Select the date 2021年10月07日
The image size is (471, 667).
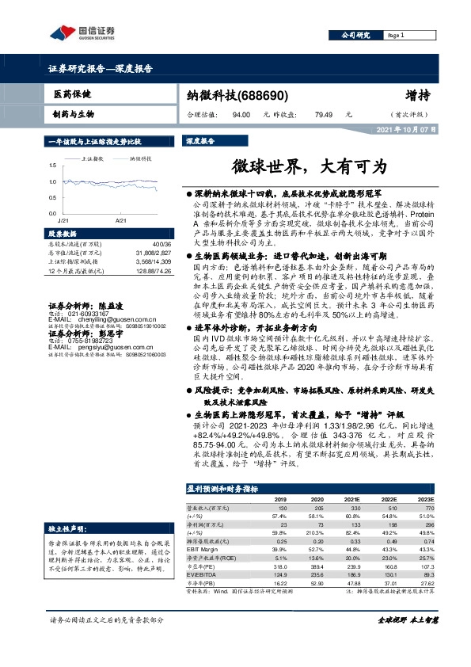(x=406, y=128)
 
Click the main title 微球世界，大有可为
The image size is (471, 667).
(x=310, y=168)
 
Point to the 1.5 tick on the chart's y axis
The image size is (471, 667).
(x=52, y=165)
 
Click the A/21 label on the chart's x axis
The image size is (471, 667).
(x=120, y=219)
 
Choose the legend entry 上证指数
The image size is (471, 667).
(x=93, y=158)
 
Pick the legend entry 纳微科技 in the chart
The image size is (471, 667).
(x=142, y=158)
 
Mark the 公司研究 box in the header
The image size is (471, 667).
(x=356, y=36)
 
